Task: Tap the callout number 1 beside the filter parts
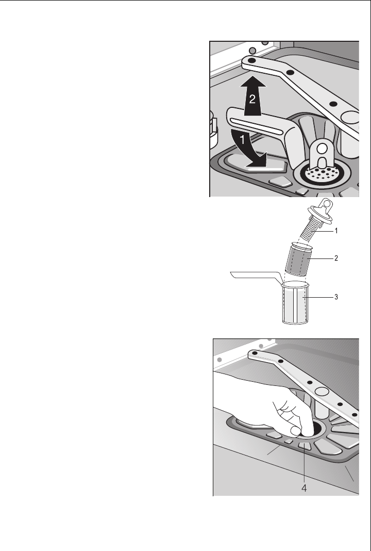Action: click(x=336, y=231)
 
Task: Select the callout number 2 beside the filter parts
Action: click(x=336, y=258)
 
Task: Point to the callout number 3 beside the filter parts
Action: click(x=336, y=297)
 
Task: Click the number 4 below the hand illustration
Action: click(x=304, y=488)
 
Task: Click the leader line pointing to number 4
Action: click(x=304, y=464)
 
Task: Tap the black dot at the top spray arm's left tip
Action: click(x=251, y=61)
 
